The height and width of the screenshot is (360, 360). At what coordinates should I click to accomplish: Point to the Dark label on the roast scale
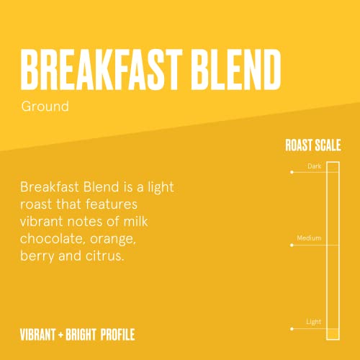(x=314, y=166)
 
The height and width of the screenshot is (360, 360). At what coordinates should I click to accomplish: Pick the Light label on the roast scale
(x=313, y=322)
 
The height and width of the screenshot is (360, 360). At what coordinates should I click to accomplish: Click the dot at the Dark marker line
(x=292, y=173)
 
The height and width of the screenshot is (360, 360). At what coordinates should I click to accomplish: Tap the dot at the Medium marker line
(x=292, y=245)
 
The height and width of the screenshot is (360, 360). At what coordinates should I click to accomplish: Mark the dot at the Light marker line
(x=292, y=328)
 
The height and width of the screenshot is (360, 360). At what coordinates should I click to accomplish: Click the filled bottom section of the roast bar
(x=332, y=333)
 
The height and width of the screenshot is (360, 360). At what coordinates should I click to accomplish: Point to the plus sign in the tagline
(x=63, y=335)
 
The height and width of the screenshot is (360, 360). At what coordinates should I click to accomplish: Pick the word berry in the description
(x=38, y=254)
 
